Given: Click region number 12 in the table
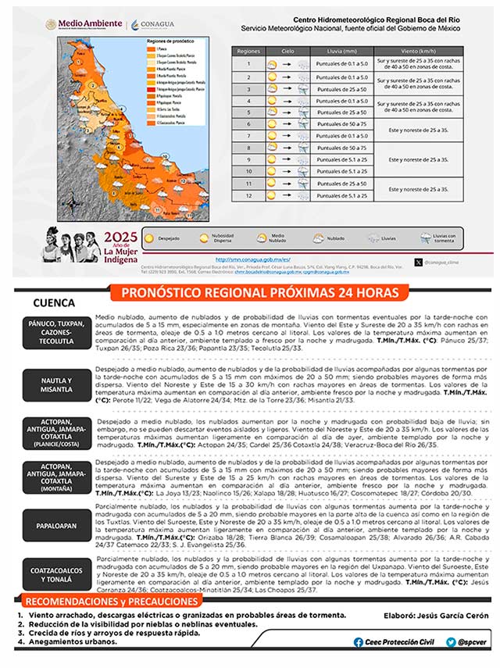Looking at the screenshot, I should coord(248,195).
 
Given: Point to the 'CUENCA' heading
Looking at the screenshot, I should coord(54,303).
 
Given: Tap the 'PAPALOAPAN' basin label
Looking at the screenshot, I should coord(56,526).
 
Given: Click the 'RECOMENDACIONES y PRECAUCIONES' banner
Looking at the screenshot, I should coord(109,602).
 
